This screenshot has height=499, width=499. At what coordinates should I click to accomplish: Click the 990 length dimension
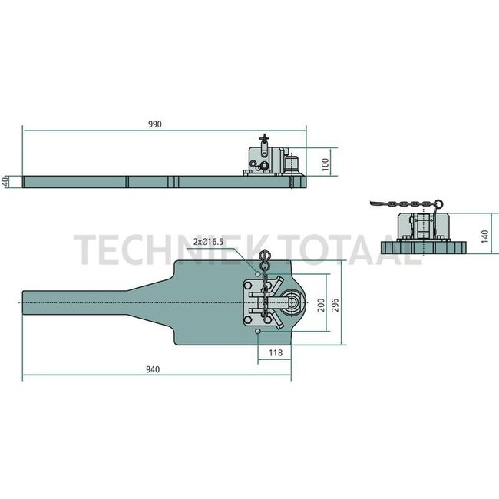point(165,124)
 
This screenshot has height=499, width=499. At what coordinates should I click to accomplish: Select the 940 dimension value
point(152,369)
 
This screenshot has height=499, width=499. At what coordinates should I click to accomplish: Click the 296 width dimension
point(336,304)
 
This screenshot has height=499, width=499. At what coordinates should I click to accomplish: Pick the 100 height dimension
point(326,163)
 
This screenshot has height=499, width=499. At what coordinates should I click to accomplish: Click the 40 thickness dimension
point(5,182)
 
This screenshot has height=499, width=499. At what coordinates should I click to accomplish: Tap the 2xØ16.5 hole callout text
point(209,242)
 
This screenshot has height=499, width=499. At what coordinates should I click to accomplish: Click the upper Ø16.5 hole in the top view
point(256,273)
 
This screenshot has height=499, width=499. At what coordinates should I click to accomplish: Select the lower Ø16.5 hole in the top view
point(259,332)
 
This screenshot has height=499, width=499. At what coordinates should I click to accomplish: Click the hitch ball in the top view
point(292,304)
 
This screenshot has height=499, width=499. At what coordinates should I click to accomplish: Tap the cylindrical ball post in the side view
point(291,164)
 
